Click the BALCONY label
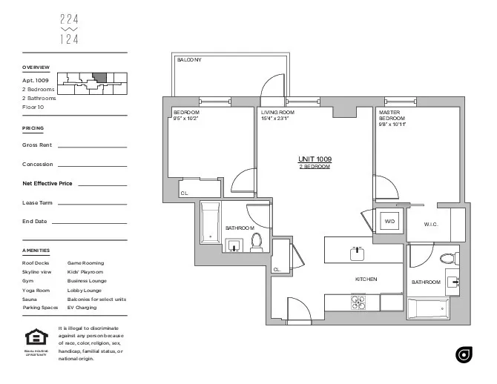coord(189,60)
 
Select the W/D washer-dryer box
coord(389,222)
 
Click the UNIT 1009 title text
coord(315,159)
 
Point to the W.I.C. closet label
coord(432,224)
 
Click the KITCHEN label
coord(366,279)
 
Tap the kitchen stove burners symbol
coord(359,302)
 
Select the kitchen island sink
coord(358,251)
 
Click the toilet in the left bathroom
coord(257,242)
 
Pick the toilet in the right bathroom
coord(447,258)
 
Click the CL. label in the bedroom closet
coord(185,193)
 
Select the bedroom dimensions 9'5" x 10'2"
coord(185,118)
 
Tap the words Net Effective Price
coord(47,182)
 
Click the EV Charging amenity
coord(82,307)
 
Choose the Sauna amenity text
coord(30,299)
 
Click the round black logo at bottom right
coord(464,355)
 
